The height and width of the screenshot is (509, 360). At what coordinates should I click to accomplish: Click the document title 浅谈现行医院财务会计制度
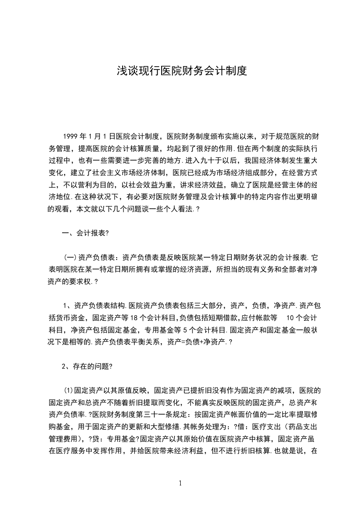(180, 71)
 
